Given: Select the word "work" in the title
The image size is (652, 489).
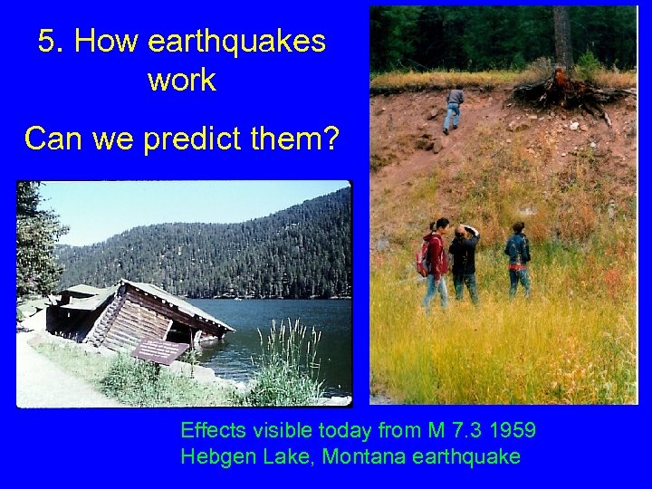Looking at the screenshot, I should pyautogui.click(x=181, y=80).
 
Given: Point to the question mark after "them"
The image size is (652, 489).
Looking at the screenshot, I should pyautogui.click(x=329, y=139).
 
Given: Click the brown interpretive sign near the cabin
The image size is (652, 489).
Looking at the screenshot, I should pyautogui.click(x=160, y=349).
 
